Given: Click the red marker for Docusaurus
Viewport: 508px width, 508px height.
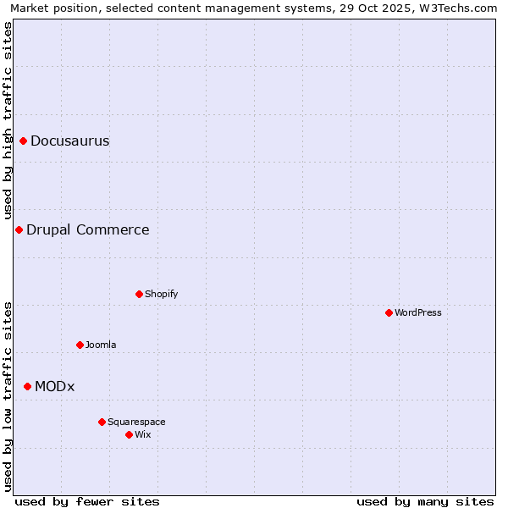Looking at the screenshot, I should click(x=24, y=141).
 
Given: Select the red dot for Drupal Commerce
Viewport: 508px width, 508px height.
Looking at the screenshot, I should click(x=19, y=229).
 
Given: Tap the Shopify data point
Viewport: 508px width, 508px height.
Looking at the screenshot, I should click(x=139, y=294).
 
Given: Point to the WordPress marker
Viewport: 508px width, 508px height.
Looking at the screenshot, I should click(x=389, y=312).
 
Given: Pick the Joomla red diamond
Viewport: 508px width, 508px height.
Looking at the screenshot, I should click(x=80, y=345).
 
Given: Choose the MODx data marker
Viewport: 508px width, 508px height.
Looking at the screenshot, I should click(x=27, y=386).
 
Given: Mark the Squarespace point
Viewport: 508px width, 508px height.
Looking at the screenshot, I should click(x=102, y=422).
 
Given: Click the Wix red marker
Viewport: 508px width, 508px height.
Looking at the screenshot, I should click(x=129, y=434).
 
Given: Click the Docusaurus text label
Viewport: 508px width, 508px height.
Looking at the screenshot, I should click(x=70, y=141).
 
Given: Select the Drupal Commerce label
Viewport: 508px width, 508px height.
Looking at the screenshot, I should click(x=88, y=229).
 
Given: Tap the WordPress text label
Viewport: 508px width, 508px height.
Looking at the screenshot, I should click(x=418, y=312).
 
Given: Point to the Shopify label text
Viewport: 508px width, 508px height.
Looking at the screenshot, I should click(x=162, y=294).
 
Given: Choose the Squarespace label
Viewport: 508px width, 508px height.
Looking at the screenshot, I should click(x=136, y=422).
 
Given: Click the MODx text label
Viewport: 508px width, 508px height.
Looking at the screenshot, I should click(x=55, y=386).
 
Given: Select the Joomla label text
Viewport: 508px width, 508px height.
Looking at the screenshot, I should click(x=101, y=345).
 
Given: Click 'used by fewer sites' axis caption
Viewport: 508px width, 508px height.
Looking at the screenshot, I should click(x=87, y=501).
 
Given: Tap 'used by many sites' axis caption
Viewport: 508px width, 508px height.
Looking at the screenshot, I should click(x=425, y=501).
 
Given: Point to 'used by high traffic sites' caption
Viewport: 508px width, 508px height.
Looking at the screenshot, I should click(x=8, y=120).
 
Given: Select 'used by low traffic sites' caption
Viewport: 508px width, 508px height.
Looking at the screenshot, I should click(x=8, y=395).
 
